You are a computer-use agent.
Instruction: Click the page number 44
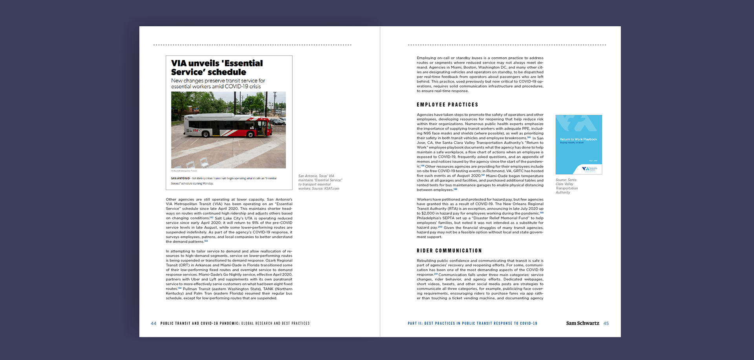pyautogui.click(x=153, y=323)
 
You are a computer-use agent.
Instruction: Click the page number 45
pyautogui.click(x=606, y=323)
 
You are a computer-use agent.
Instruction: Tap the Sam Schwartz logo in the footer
pyautogui.click(x=582, y=323)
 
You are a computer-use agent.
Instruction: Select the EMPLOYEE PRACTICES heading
pyautogui.click(x=447, y=105)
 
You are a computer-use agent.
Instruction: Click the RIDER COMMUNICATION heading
pyautogui.click(x=449, y=251)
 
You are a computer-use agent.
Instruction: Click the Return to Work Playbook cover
pyautogui.click(x=578, y=144)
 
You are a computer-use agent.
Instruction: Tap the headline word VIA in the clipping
pyautogui.click(x=179, y=63)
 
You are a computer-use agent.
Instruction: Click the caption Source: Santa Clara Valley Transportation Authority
pyautogui.click(x=566, y=186)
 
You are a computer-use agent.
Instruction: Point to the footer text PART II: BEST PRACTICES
pyautogui.click(x=472, y=323)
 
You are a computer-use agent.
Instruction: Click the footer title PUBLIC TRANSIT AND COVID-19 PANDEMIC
pyautogui.click(x=200, y=323)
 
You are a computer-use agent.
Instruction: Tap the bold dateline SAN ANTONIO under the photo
pyautogui.click(x=180, y=178)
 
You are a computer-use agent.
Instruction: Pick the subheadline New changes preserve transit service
pyautogui.click(x=218, y=84)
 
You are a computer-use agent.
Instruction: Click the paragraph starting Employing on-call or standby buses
pyautogui.click(x=480, y=74)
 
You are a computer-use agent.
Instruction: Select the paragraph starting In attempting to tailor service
pyautogui.click(x=229, y=274)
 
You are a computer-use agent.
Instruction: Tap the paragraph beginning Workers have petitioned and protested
pyautogui.click(x=480, y=218)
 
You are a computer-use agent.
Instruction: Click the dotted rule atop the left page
pyautogui.click(x=252, y=45)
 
